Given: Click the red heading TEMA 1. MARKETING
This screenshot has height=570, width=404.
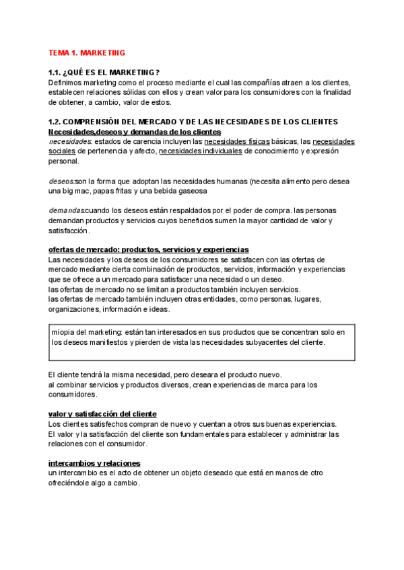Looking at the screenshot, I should (87, 52).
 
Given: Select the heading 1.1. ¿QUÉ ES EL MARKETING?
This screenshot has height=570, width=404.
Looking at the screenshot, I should (104, 73).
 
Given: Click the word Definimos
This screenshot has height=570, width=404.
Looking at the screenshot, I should (63, 83).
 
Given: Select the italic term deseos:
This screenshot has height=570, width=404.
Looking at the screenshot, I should (61, 181).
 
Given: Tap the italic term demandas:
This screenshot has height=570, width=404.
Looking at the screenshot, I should (67, 210).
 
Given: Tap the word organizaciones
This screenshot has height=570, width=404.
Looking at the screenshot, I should (73, 309).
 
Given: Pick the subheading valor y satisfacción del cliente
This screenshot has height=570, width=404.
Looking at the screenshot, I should (102, 413).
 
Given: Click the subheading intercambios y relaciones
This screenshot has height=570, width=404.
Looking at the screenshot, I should (94, 463).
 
